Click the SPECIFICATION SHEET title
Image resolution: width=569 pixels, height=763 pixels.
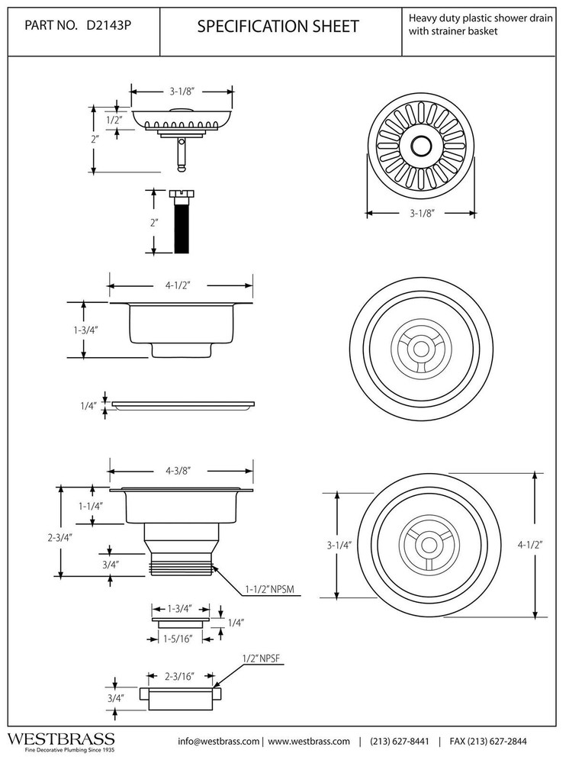(278, 27)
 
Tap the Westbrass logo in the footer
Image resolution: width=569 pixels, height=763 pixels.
(61, 740)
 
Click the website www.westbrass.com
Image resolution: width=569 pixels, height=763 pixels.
(308, 741)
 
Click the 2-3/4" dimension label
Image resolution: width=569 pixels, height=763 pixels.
(59, 536)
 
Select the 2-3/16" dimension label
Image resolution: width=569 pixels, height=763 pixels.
(179, 676)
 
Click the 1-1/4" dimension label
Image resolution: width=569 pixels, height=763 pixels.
(91, 505)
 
